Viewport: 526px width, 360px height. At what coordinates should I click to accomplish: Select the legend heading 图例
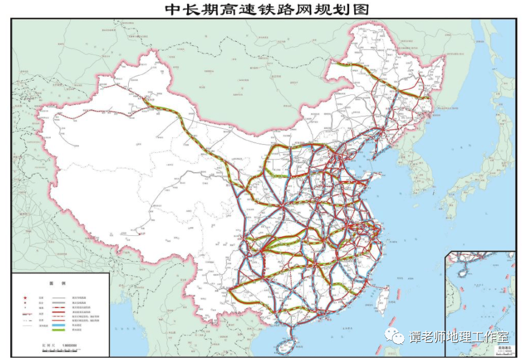[x=58, y=284]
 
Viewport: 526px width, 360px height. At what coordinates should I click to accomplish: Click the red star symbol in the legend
[x=25, y=298]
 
